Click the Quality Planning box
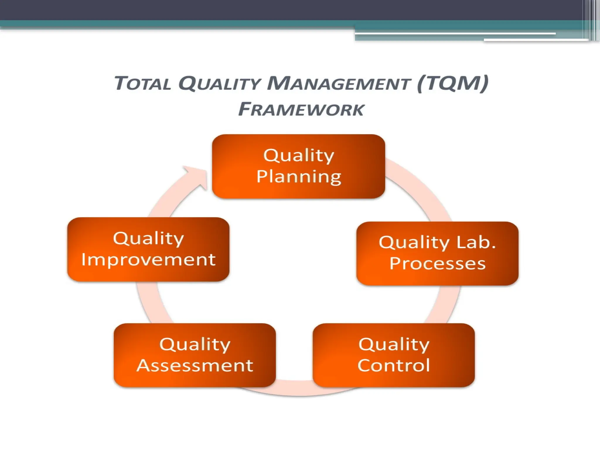coord(298,166)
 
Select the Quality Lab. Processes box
coord(437,253)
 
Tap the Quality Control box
coord(393,355)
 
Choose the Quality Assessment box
coord(195,355)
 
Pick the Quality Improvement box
coord(148,249)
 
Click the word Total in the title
coord(142,83)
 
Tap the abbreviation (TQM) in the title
coord(453,83)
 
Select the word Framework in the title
coord(301,110)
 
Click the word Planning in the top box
coord(299,177)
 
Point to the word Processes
coord(437,264)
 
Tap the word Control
coord(394,365)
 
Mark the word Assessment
coord(195,366)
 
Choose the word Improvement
coord(149,260)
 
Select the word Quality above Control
coord(394,345)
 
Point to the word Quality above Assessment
coord(195,345)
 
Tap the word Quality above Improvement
coord(149,239)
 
